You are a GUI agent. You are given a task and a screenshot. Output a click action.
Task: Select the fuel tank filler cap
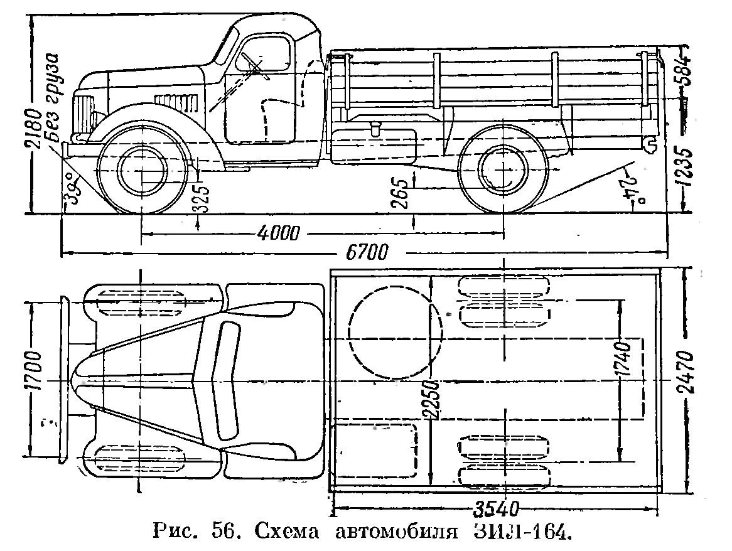[376, 130]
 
